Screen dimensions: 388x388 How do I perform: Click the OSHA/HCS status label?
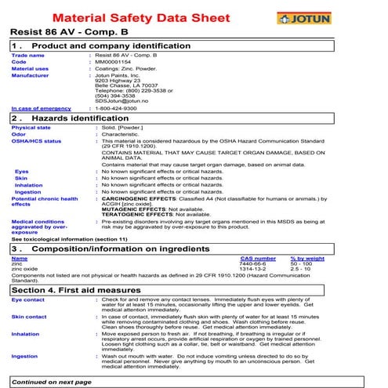click(x=36, y=141)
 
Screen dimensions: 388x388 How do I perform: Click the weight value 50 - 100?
click(x=303, y=264)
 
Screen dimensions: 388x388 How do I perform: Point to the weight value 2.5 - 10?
click(x=302, y=270)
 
